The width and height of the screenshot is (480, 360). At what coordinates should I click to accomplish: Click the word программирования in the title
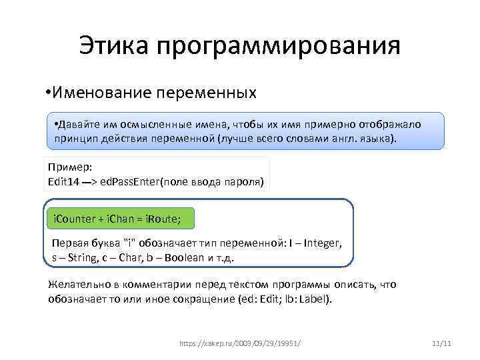(279, 47)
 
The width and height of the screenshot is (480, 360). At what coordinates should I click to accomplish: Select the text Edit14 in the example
(64, 181)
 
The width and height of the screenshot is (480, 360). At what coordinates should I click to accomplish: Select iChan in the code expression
(121, 218)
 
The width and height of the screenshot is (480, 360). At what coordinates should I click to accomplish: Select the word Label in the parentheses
(313, 299)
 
